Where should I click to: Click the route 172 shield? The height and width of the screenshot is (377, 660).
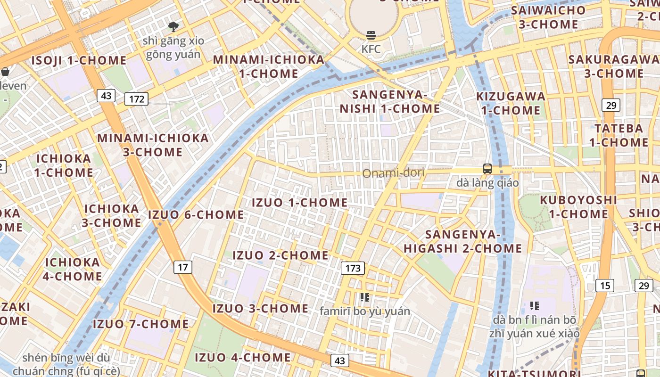(x=137, y=99)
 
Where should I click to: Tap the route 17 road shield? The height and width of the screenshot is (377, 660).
(x=183, y=268)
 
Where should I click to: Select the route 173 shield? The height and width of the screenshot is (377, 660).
(x=353, y=269)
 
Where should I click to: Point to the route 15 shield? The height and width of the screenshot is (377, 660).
(x=605, y=285)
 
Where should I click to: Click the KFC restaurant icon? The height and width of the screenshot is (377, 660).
(x=371, y=35)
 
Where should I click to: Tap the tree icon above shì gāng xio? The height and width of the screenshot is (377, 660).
(x=173, y=26)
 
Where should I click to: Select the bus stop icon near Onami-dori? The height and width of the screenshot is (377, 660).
(x=487, y=169)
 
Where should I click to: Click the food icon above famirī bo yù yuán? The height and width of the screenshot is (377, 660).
(x=364, y=297)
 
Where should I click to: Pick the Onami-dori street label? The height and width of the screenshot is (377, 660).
(x=393, y=173)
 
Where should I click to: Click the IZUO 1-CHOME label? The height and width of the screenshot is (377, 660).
(x=300, y=203)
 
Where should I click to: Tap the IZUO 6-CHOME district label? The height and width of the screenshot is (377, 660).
(x=196, y=215)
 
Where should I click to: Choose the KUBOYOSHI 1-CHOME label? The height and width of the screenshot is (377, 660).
(x=578, y=206)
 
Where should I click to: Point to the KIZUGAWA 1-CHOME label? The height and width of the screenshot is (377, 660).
(x=511, y=103)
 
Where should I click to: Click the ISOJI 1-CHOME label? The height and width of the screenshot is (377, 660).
(x=79, y=60)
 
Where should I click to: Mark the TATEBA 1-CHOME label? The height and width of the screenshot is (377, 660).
(x=619, y=135)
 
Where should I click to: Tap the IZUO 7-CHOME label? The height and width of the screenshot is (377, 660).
(x=140, y=324)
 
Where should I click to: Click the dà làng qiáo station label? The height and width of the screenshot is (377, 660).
(x=487, y=183)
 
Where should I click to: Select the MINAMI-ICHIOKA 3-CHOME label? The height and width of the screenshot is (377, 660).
(x=153, y=145)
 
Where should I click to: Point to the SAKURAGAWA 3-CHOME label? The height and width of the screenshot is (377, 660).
(x=614, y=66)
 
